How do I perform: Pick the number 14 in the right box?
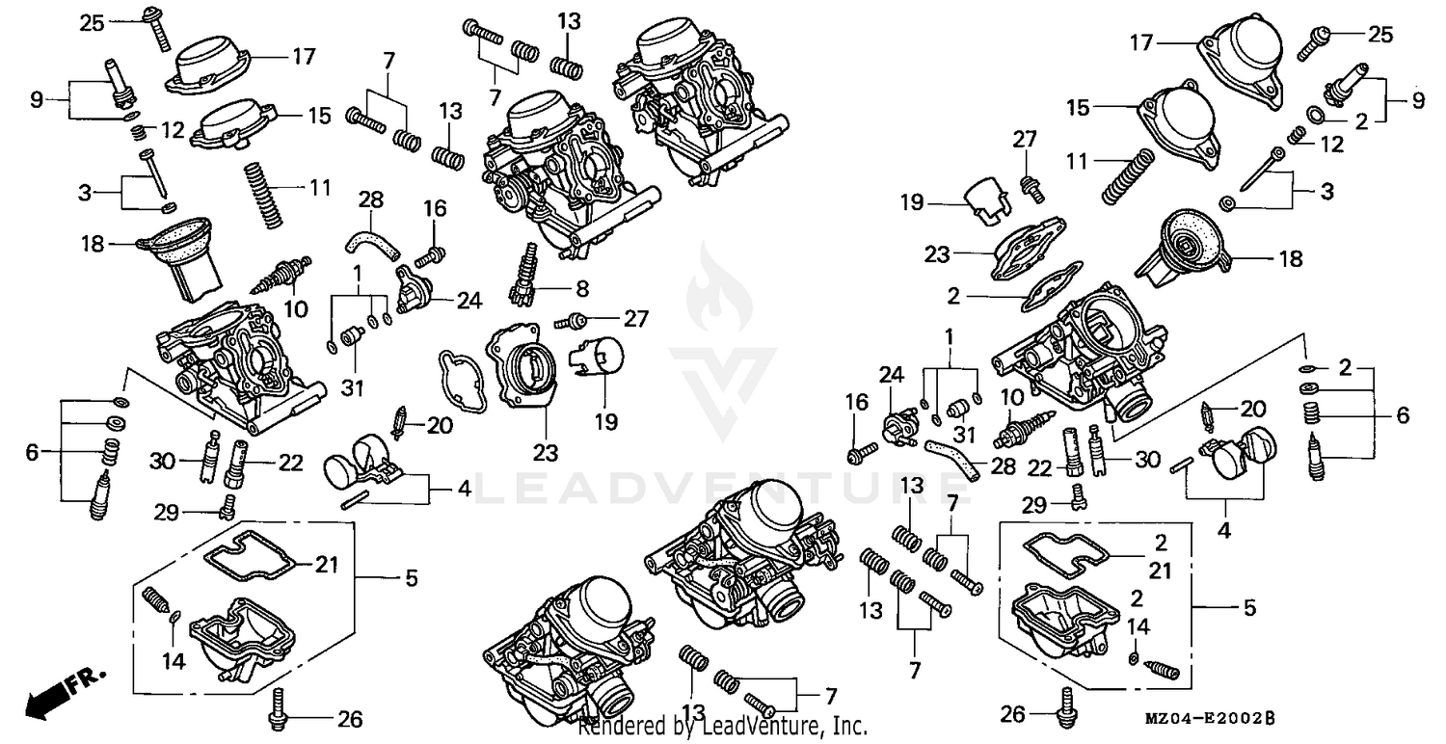coord(1138,626)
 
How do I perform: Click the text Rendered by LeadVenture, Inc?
coord(722,726)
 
